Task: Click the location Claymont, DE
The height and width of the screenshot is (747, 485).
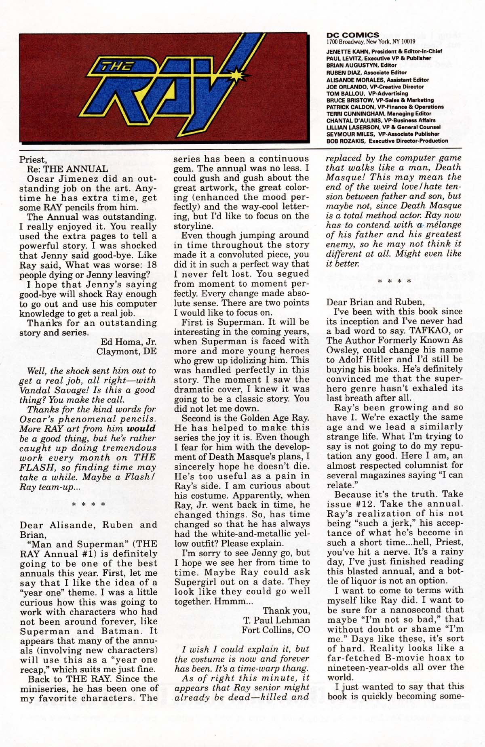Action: point(126,351)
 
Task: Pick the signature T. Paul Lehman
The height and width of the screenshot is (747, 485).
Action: point(276,620)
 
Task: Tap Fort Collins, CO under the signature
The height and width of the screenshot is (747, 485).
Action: point(276,630)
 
